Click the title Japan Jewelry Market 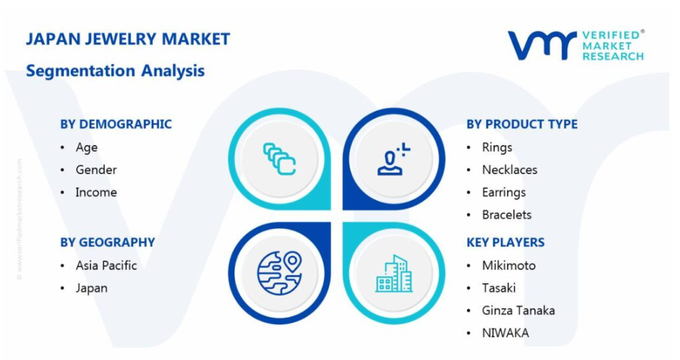point(128,39)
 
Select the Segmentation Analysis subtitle point(116,71)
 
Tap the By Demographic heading point(116,124)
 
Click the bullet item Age point(87,148)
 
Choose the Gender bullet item point(96,170)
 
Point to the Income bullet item point(96,192)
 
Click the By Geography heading point(108,242)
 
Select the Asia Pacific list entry point(106,265)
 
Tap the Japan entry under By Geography point(92,288)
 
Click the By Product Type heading point(522,124)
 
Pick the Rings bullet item point(497,148)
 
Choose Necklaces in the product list point(509,170)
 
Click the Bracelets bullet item point(507,215)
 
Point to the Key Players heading point(506,242)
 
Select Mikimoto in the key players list point(509,265)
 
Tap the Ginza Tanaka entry point(518,311)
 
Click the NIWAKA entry point(505,333)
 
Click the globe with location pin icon point(280,273)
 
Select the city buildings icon point(394,273)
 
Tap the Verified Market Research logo point(577,45)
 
